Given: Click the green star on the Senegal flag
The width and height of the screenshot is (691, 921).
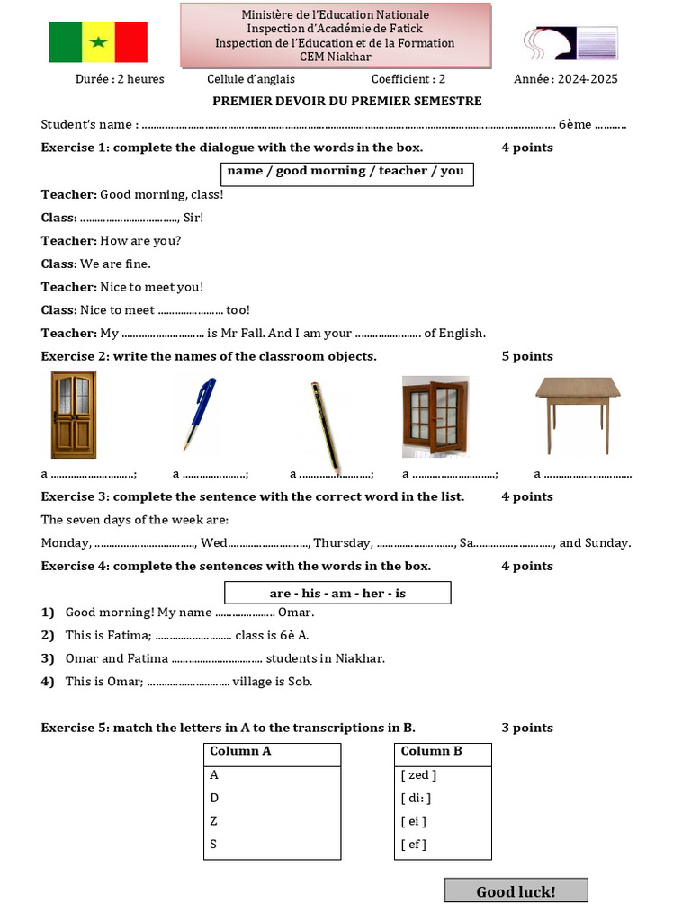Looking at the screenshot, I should tap(98, 42).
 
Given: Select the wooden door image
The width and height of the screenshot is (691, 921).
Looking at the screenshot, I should tap(73, 415).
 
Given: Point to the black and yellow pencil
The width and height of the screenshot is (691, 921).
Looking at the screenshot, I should tap(325, 425).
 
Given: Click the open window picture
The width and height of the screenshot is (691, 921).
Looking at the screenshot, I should tap(435, 416).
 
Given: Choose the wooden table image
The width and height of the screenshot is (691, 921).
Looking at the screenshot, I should tap(578, 413).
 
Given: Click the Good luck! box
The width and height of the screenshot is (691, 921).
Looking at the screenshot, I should tap(516, 891).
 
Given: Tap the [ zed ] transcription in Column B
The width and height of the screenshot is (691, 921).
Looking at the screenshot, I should tap(418, 774).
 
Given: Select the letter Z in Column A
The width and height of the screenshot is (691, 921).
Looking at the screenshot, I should tap(214, 821).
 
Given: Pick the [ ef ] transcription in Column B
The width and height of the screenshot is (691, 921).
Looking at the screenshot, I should tap(414, 845).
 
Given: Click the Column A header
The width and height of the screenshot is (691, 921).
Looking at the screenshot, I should tap(240, 751).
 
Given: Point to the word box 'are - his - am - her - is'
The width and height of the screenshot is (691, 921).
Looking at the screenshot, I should tap(337, 593).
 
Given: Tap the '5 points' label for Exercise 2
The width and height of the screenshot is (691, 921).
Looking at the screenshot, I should tap(527, 356).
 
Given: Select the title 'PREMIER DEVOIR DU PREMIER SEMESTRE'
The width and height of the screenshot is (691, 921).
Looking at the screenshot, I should tap(347, 101).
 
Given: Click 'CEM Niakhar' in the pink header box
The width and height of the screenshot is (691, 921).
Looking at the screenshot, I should tap(337, 57).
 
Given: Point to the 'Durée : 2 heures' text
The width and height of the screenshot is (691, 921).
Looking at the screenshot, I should tap(120, 79).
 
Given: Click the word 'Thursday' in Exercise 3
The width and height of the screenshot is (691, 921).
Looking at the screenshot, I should tap(341, 542).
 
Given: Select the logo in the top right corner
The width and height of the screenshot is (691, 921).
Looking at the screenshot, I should tap(570, 42).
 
